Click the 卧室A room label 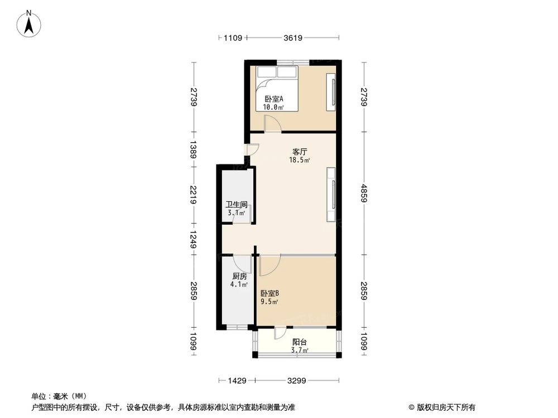click(x=273, y=99)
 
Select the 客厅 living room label click(x=300, y=151)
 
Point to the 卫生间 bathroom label click(x=236, y=205)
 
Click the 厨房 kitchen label click(x=238, y=276)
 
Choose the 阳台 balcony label click(x=300, y=342)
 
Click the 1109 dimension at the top click(x=232, y=38)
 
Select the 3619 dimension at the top click(x=293, y=38)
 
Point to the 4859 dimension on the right click(x=364, y=195)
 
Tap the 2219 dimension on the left click(x=194, y=195)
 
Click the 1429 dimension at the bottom click(x=237, y=381)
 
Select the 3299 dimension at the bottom click(x=296, y=381)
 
